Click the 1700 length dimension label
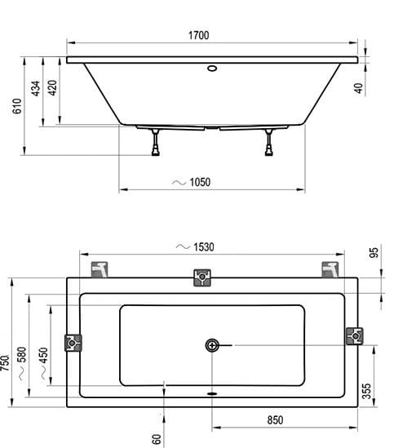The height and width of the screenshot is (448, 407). pos(198,35)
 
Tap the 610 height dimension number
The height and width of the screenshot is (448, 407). pos(17,106)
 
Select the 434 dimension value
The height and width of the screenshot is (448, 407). pos(35,89)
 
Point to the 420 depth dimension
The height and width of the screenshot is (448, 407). pos(52,87)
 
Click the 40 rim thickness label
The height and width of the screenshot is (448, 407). pos(358,88)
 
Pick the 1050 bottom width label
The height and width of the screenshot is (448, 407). pos(200,182)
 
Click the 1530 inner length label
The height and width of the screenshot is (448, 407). pos(204,247)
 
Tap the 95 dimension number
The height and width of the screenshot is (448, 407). pos(374,253)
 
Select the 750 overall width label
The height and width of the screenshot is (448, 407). pos(5,363)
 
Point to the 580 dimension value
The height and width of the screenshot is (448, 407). pos(22,355)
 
